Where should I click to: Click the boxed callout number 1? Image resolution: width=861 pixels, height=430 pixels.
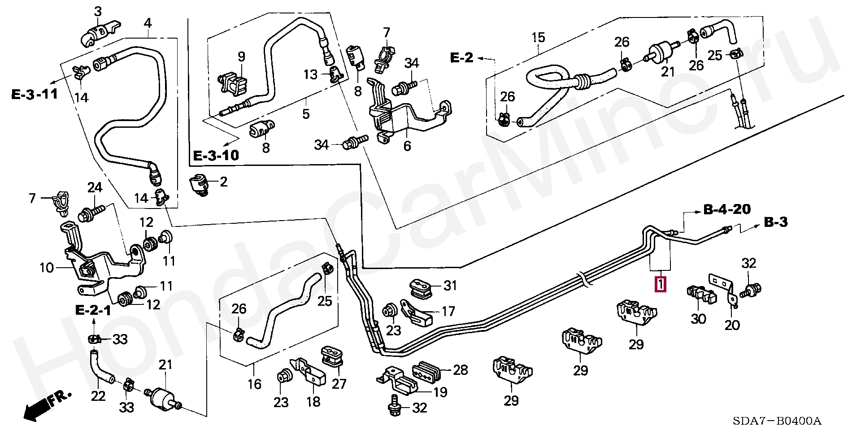[661, 285]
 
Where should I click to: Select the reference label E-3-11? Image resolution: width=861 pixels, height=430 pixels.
[35, 95]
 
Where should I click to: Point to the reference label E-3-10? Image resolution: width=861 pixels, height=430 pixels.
[216, 156]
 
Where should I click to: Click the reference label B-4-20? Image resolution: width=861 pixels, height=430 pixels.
[727, 209]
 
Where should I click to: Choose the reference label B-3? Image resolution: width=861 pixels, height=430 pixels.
[776, 222]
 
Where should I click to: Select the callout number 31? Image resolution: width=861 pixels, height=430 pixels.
[450, 285]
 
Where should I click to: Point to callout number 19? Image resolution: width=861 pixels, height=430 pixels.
[440, 393]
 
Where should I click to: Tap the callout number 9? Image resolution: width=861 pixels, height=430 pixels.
[241, 57]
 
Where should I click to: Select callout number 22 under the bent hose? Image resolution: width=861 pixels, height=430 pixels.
[98, 396]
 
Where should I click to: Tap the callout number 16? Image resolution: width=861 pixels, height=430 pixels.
[254, 384]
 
